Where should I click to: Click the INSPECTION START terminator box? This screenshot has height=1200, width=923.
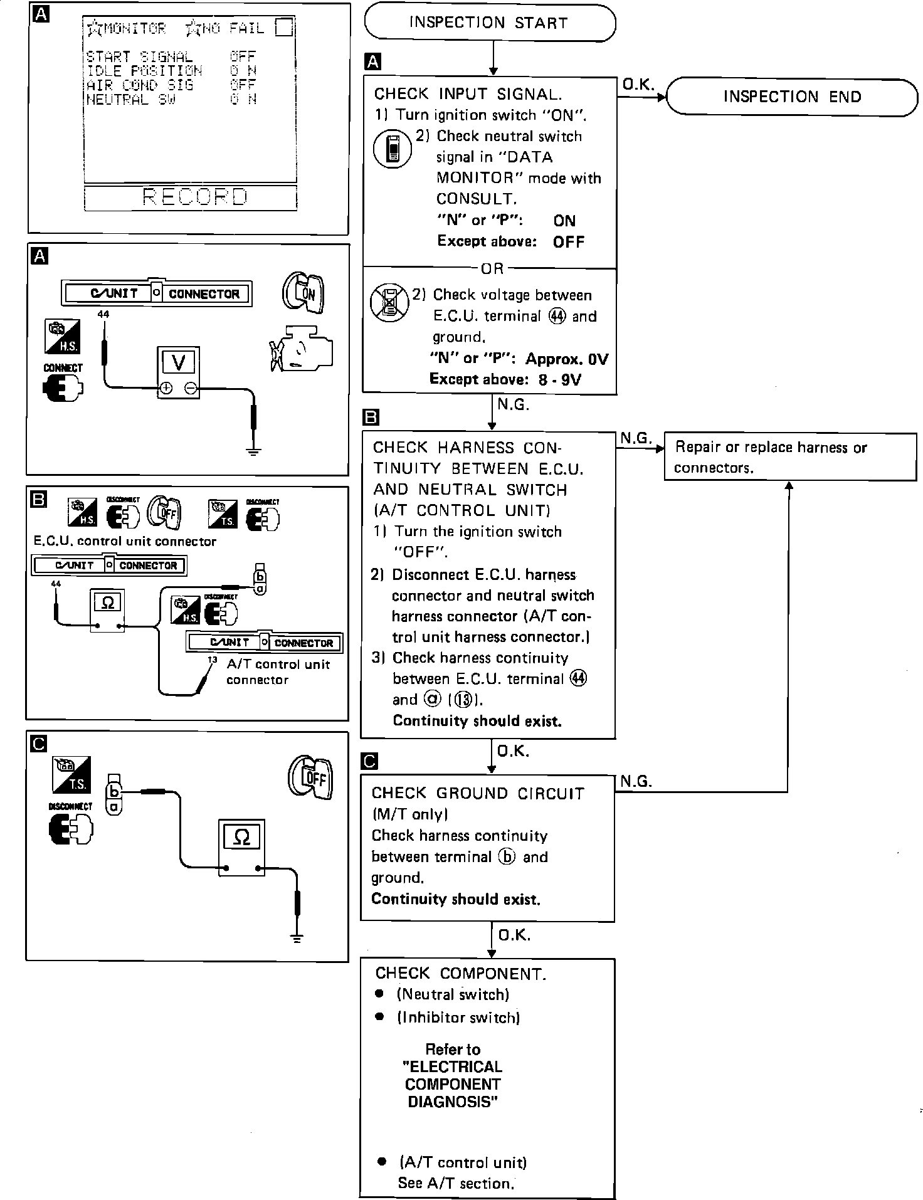point(490,23)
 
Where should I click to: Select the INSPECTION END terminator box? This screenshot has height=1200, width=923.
point(792,97)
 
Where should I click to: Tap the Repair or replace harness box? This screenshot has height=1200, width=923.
point(789,457)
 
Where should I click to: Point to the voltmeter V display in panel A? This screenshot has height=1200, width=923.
point(178,362)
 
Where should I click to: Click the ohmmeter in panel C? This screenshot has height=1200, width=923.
point(241,848)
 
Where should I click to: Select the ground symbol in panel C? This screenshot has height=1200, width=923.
point(297,938)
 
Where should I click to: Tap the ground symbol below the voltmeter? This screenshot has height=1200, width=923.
point(253,451)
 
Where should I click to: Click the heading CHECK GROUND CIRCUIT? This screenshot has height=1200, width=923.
point(477,793)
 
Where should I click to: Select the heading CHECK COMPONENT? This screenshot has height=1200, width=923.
point(460,973)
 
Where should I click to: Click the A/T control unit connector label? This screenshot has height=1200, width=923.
point(278,672)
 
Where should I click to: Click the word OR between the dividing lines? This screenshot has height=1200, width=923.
point(492,268)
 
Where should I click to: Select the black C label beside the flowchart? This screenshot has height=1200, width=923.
point(370,761)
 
